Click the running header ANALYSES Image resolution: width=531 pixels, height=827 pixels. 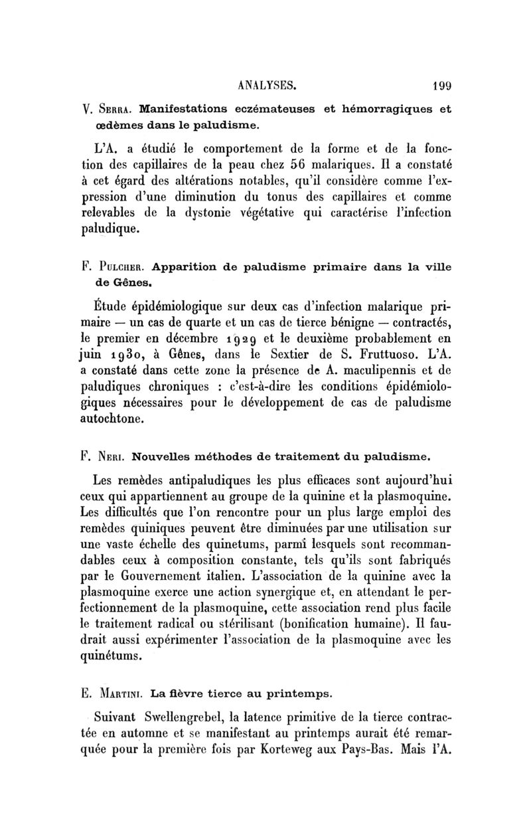(266, 85)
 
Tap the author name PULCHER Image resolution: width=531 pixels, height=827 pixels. (121, 268)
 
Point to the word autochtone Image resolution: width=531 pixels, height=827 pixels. (117, 420)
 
